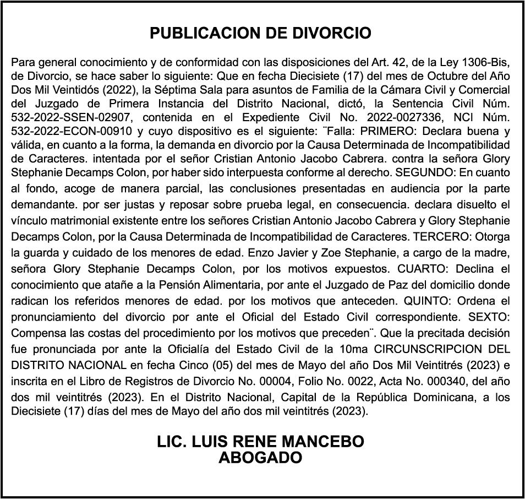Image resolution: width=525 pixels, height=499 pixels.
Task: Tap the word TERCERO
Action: pos(440,237)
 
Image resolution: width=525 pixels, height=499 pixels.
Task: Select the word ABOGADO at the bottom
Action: pos(260,458)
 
